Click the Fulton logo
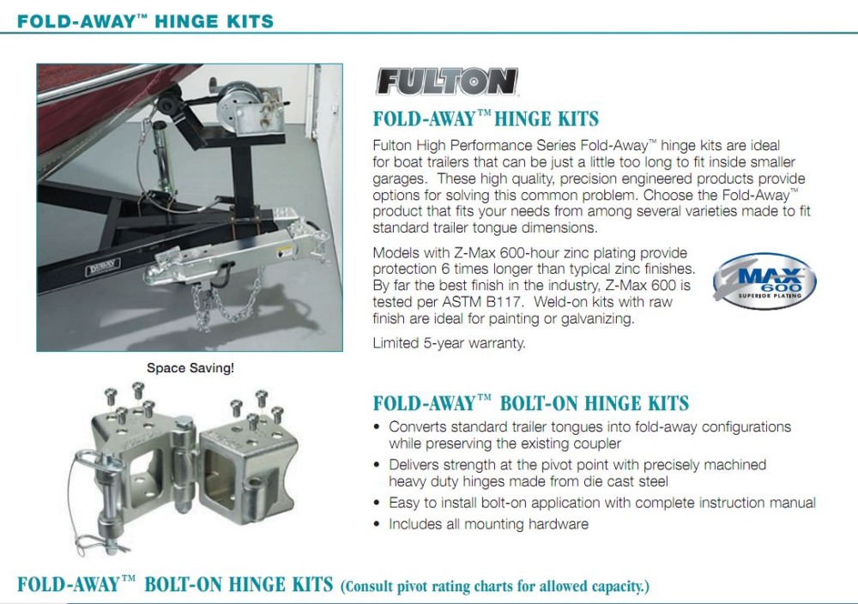pos(446,82)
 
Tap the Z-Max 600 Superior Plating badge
pos(764,281)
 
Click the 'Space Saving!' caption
pos(190,368)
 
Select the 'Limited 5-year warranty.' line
pos(449,343)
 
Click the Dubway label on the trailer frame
pos(102,267)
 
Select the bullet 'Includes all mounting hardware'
pos(489,524)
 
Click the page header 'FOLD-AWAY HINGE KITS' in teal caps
pos(145,21)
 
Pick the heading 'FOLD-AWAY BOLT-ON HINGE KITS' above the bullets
pos(531,403)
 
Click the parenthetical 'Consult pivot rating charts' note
pos(495,587)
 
